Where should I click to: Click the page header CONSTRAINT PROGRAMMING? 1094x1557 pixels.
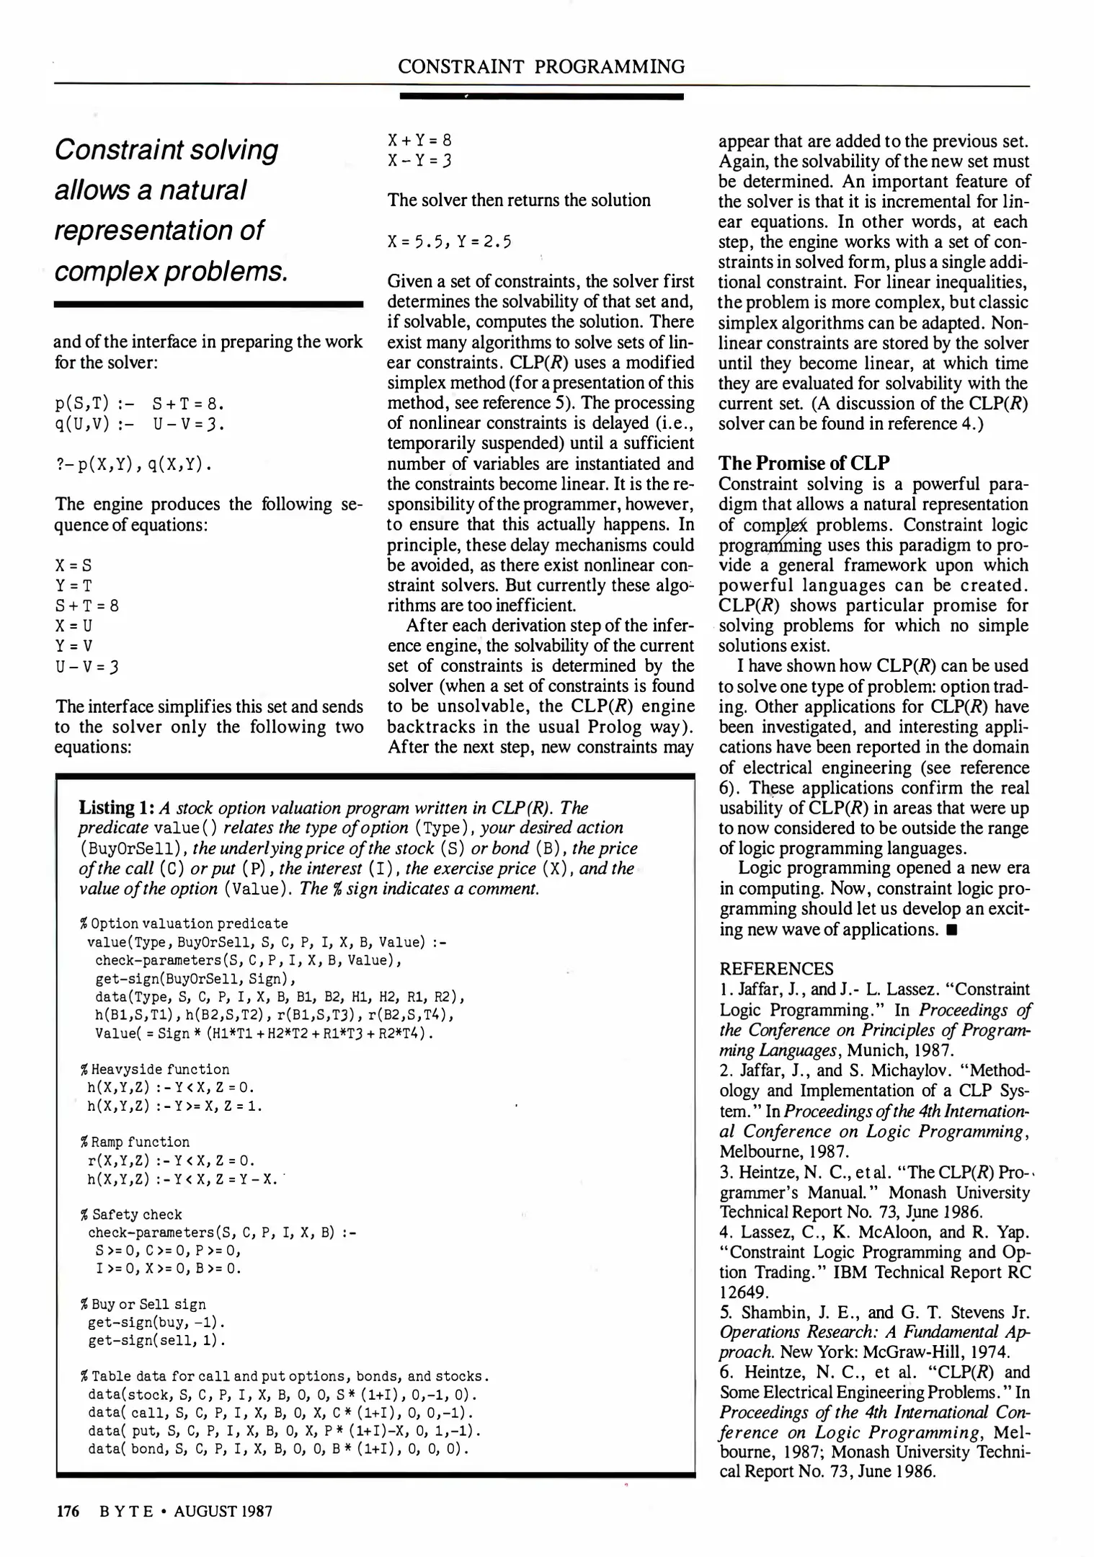point(541,67)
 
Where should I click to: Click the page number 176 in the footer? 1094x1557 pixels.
point(68,1511)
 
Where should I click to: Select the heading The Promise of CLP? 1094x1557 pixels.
point(804,462)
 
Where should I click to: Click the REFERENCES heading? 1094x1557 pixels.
point(776,969)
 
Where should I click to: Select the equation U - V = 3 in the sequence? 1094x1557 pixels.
point(87,666)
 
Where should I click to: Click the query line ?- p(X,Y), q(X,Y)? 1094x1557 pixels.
point(134,464)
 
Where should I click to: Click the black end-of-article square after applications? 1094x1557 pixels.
point(952,930)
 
